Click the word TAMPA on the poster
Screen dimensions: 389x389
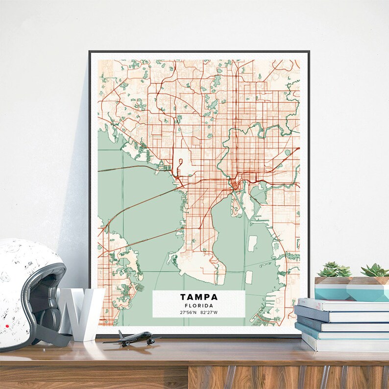point(198,297)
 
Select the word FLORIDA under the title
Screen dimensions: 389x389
point(198,306)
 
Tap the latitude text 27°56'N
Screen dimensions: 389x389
point(188,312)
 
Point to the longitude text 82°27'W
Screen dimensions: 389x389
point(209,312)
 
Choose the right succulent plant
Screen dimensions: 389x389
point(375,270)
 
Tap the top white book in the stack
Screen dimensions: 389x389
point(343,304)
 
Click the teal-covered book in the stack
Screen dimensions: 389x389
point(340,333)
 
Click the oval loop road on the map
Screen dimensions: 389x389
point(180,165)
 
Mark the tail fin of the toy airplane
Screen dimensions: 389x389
point(120,334)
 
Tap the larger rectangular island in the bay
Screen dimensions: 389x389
point(252,243)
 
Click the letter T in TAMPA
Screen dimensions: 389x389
point(183,297)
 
